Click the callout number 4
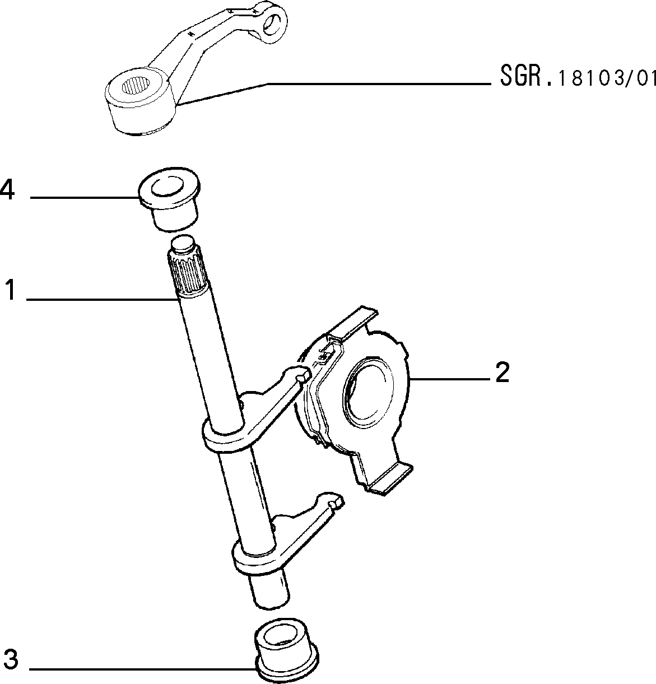coord(7,190)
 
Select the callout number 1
coord(11,290)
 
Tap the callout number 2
coord(502,372)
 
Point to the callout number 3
coord(11,659)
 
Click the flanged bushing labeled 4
coord(169,199)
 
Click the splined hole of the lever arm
coord(136,91)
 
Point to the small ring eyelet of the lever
coord(272,24)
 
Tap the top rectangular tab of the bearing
coord(355,323)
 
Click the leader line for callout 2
coord(450,379)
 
